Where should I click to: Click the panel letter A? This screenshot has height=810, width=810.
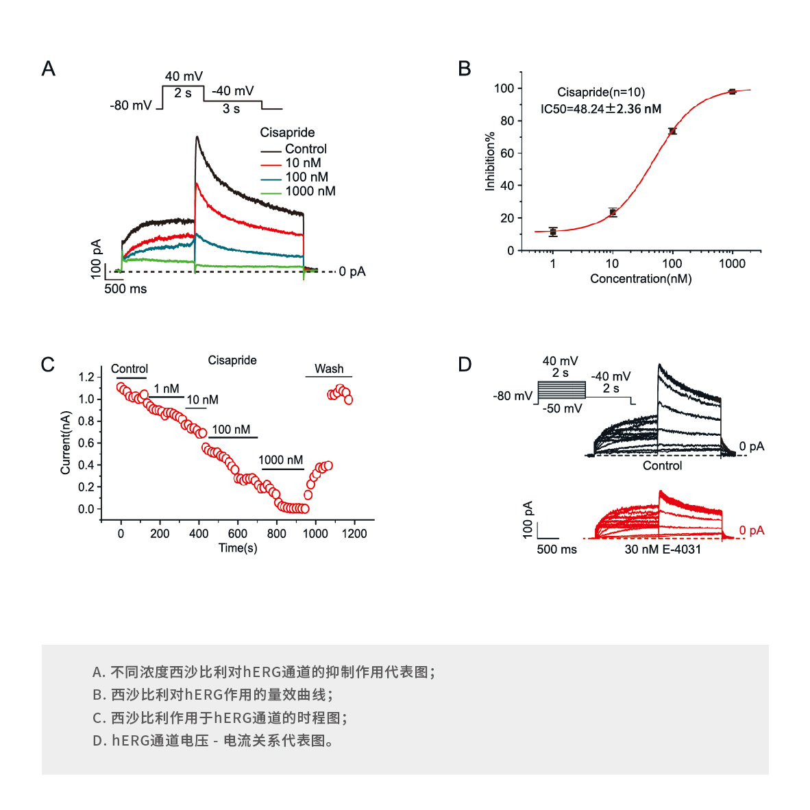(x=48, y=69)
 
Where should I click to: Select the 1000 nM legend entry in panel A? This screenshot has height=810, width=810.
(x=310, y=191)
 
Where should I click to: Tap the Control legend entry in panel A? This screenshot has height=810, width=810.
(x=306, y=149)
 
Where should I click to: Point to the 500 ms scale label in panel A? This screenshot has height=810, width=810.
(x=125, y=289)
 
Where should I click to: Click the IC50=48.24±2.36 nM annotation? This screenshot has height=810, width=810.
(x=601, y=109)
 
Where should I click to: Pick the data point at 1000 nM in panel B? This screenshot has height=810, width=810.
(x=732, y=91)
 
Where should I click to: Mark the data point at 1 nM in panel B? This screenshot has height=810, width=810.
(x=553, y=232)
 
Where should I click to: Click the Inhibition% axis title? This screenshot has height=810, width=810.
(x=490, y=162)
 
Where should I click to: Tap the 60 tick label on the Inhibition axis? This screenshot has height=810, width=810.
(x=507, y=153)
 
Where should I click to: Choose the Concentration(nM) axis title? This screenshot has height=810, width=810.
(x=641, y=279)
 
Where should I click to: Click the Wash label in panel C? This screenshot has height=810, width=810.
(x=329, y=369)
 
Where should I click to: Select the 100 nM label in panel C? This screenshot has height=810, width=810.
(x=231, y=430)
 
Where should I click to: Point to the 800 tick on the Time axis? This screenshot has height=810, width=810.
(x=277, y=533)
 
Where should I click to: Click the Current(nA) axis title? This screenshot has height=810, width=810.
(x=66, y=443)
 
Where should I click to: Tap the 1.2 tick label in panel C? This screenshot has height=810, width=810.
(x=86, y=377)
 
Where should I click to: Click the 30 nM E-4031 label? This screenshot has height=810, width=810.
(x=663, y=550)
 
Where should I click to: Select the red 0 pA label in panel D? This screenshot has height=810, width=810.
(x=752, y=530)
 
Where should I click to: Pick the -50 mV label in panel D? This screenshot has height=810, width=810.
(x=563, y=408)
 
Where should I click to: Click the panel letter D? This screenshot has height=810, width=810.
(x=465, y=364)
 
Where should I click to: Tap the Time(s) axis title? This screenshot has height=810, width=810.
(x=238, y=548)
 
